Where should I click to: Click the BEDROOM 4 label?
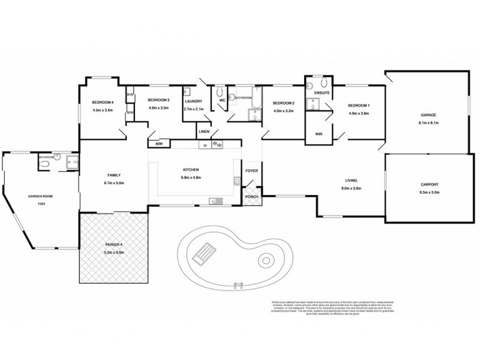pos(103,103)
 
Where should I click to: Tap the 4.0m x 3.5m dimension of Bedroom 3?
pos(159,108)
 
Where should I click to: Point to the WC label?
pos(221,101)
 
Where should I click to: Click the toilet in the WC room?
pos(220,92)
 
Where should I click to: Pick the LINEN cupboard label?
pos(204,131)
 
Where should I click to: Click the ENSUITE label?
pos(323,93)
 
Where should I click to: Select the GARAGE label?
pos(428,115)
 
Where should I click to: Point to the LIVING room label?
pos(351,180)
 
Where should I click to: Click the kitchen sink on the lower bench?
pos(214,201)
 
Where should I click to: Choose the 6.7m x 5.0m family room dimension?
pos(114,182)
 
